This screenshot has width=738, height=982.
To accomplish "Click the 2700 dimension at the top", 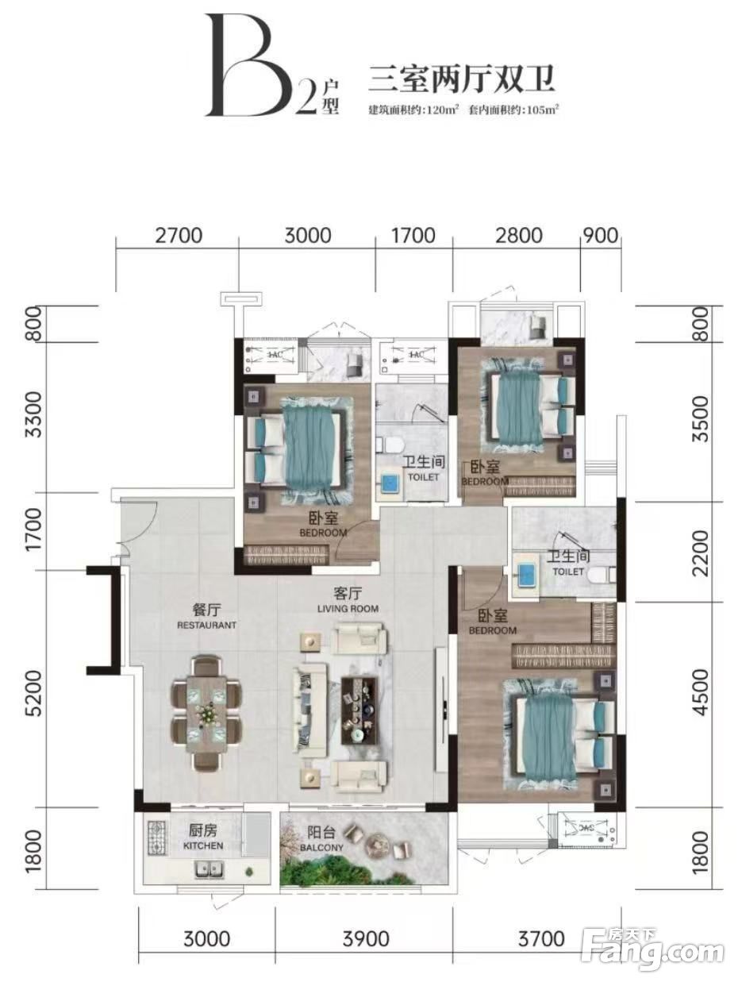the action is coord(179,235).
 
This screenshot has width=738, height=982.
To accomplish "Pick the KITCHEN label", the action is coord(203,845).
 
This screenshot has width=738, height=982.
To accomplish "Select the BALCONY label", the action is coord(321,847).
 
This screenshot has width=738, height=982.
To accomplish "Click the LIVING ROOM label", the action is coord(348,608).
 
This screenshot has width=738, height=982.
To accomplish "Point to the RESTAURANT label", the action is coord(206,625).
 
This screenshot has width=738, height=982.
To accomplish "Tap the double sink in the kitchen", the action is coord(209,869).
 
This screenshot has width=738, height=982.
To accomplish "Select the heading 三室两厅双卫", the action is coord(461,79).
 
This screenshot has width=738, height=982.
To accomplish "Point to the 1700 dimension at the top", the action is coord(413,235).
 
